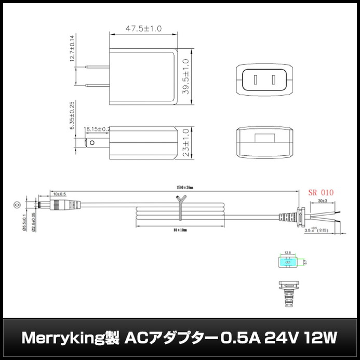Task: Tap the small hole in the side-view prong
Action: point(92,142)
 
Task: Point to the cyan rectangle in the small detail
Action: point(286,263)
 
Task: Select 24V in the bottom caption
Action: point(278,338)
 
